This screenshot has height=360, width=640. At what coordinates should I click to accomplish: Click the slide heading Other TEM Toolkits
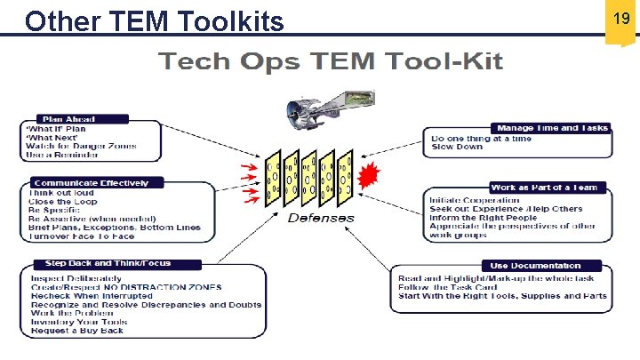155,20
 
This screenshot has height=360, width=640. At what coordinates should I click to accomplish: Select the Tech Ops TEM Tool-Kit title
330,61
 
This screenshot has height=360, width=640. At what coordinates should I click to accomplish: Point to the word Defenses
320,218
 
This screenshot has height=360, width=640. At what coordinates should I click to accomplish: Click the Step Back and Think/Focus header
108,263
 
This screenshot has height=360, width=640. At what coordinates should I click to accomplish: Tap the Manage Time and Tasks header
552,128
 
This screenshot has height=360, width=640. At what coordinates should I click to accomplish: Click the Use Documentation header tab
541,265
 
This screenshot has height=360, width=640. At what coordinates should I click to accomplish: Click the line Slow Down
457,148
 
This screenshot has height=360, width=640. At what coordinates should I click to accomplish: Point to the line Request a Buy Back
77,330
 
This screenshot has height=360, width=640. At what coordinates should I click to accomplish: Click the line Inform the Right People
483,218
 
